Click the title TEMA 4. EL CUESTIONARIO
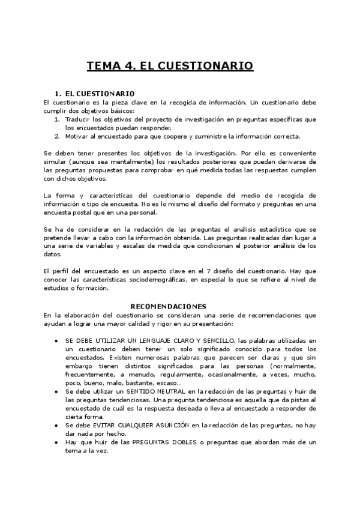click(170, 65)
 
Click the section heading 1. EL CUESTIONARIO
click(94, 94)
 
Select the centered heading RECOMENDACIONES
click(169, 306)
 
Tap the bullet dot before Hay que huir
click(56, 442)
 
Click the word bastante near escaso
click(139, 383)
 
